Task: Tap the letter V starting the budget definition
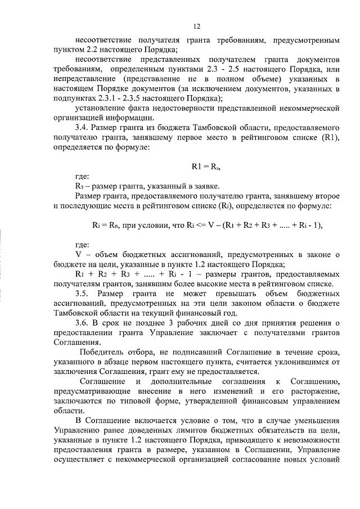[x=78, y=255]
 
